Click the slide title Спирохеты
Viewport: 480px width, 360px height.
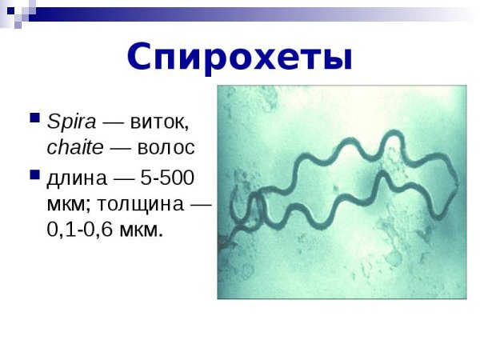pyautogui.click(x=239, y=57)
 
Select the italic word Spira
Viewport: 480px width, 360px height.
pyautogui.click(x=72, y=122)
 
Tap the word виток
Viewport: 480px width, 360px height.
pyautogui.click(x=162, y=122)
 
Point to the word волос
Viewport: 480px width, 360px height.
pyautogui.click(x=166, y=148)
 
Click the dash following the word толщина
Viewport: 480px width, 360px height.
pyautogui.click(x=199, y=203)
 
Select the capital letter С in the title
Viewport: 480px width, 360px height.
pyautogui.click(x=142, y=57)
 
